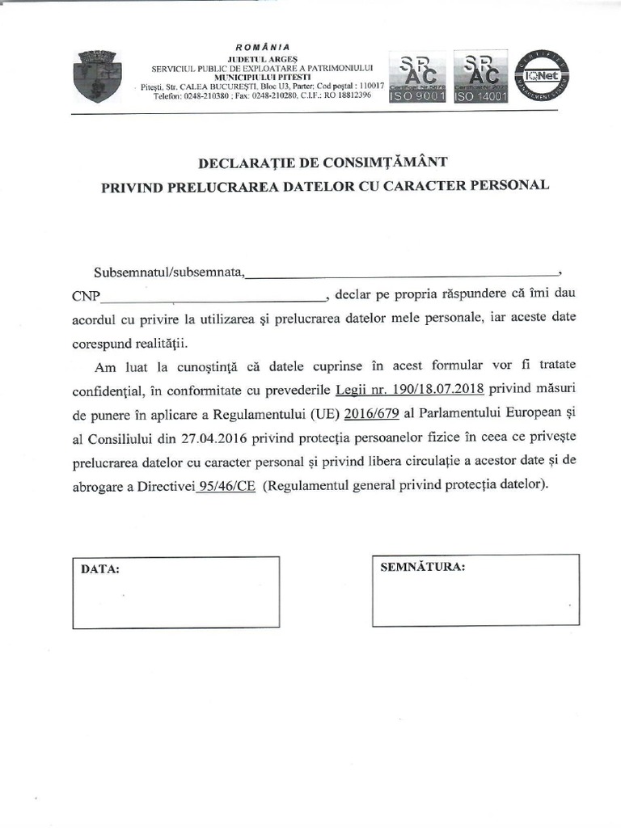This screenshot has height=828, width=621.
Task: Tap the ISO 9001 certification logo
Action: point(416,78)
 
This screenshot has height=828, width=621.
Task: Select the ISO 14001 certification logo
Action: point(480,78)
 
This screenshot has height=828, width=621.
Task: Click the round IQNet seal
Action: point(545,76)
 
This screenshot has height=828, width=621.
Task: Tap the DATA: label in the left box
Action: point(100,569)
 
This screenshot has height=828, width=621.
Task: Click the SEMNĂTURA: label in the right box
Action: point(422,566)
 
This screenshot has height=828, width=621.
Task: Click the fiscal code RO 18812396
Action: point(347,95)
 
